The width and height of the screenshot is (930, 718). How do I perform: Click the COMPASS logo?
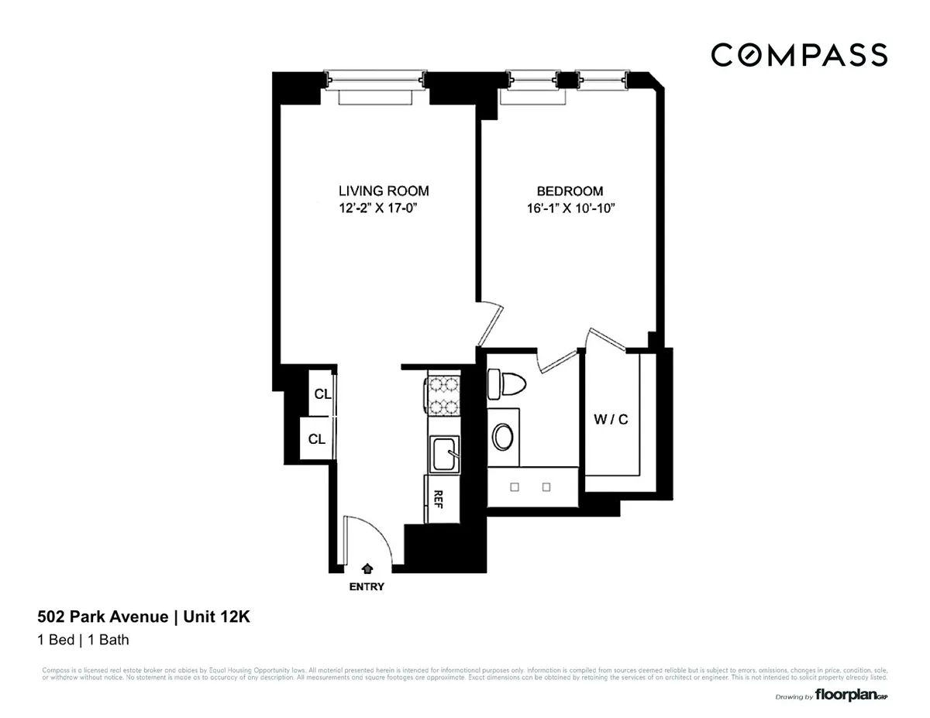799,55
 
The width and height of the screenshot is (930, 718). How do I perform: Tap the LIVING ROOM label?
383,191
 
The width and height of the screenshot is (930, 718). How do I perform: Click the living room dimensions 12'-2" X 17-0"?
383,208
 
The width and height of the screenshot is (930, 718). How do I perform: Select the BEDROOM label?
570,191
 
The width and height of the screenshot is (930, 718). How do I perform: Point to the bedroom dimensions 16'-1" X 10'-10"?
570,208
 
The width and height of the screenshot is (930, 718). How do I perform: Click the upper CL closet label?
322,393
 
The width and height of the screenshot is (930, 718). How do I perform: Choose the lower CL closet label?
317,439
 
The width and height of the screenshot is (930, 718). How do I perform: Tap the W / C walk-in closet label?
611,420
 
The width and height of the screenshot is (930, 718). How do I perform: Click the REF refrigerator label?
438,498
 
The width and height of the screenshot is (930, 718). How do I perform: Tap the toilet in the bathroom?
508,383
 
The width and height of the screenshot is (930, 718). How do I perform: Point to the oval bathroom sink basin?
505,437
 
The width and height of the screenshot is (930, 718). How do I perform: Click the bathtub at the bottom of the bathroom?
532,487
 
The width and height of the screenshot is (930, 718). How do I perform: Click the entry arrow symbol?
367,569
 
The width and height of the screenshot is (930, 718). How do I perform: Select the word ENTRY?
367,586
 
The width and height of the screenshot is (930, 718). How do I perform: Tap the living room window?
375,80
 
